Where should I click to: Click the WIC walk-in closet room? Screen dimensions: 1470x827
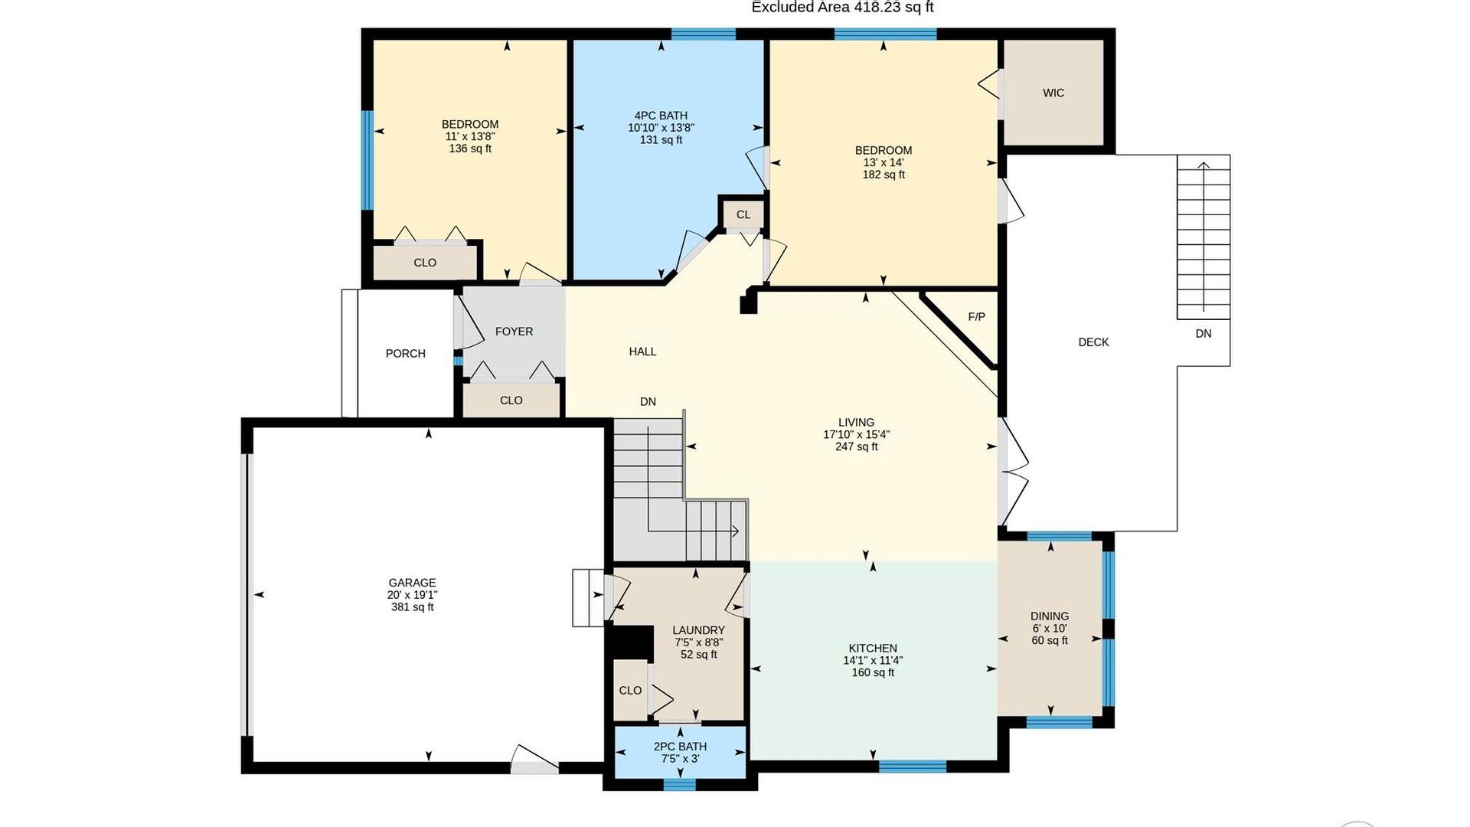point(1053,93)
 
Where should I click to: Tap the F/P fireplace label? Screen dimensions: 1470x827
point(976,317)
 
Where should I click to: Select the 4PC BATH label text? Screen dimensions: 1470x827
point(661,116)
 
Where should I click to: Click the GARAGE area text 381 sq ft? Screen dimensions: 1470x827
point(412,607)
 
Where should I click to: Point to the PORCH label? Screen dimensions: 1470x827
point(405,354)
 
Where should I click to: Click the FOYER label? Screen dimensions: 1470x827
point(514,332)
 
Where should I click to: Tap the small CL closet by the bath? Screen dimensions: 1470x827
point(743,214)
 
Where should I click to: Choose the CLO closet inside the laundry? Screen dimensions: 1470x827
point(630,690)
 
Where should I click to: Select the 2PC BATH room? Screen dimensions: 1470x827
point(680,753)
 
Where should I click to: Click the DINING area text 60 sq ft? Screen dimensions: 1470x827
point(1049,641)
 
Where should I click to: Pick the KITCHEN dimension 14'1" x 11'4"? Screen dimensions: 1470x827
point(873,660)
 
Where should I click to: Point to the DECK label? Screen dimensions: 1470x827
point(1093,342)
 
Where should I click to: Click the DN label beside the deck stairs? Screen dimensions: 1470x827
point(1204,334)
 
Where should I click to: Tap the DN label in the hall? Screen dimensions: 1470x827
point(648,402)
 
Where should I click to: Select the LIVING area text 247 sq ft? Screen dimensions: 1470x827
point(856,447)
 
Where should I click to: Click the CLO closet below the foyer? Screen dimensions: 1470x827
point(511,400)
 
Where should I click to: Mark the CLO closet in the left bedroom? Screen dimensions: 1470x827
point(425,263)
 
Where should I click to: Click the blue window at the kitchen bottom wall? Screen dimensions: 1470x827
point(912,766)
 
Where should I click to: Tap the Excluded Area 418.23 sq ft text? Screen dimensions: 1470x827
point(842,8)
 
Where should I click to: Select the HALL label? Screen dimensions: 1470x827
point(642,351)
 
